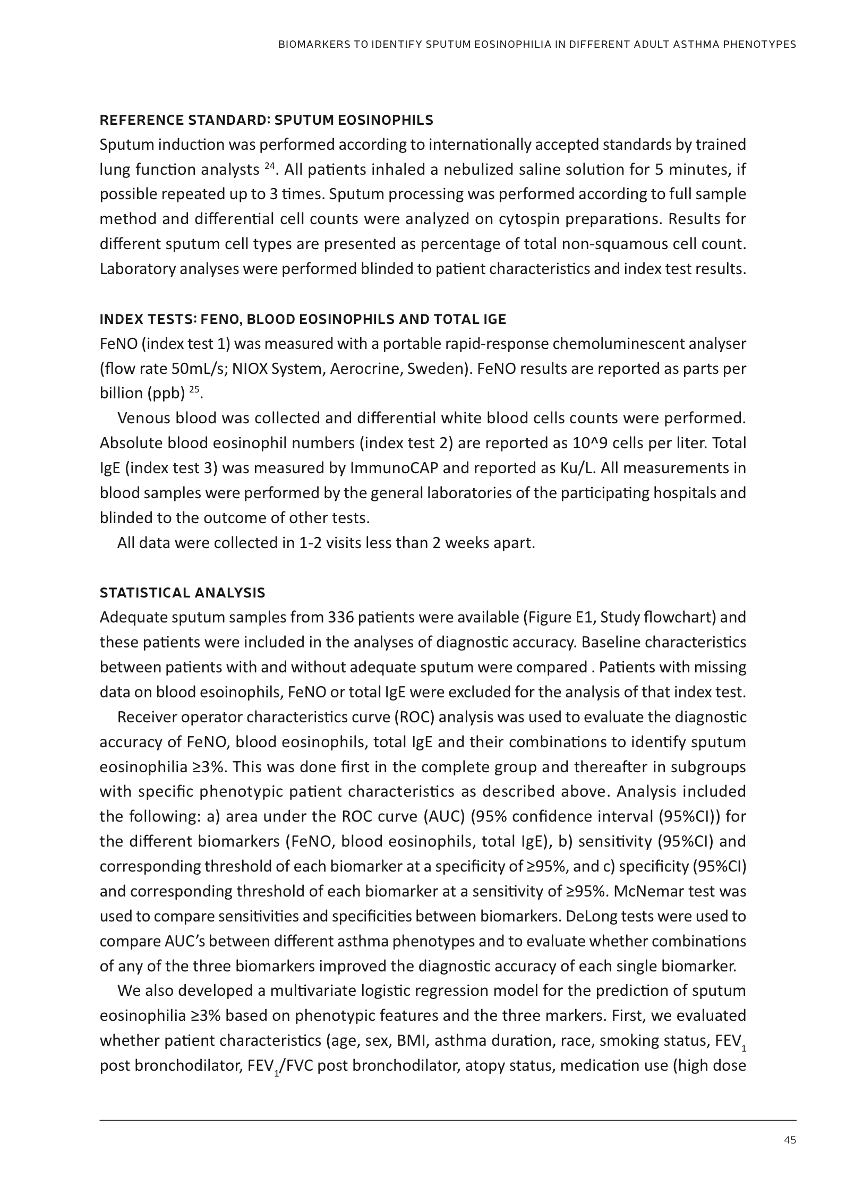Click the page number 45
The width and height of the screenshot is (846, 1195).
click(790, 1140)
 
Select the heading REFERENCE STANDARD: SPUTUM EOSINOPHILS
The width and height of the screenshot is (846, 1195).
click(266, 121)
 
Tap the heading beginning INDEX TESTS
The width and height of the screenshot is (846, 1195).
click(303, 319)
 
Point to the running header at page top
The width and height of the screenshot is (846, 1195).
click(537, 45)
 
